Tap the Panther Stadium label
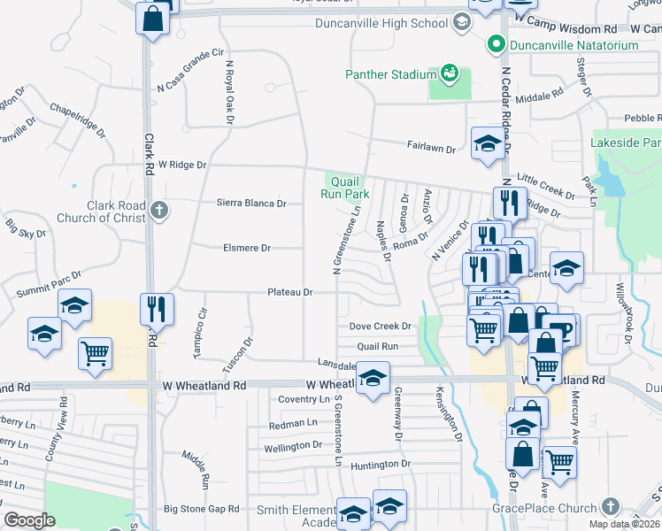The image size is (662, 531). click(x=390, y=74)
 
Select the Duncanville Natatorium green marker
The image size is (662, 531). click(x=495, y=44)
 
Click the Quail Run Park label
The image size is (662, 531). click(x=344, y=187)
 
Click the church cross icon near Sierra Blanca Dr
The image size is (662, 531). click(x=158, y=211)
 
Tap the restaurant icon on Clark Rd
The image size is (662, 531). click(x=156, y=309)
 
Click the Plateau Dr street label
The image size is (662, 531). click(x=291, y=292)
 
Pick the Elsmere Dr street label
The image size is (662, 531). click(x=247, y=248)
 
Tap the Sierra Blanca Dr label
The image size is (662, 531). click(x=252, y=203)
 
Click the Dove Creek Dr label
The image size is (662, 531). click(x=381, y=327)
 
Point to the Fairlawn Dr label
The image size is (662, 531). click(x=431, y=149)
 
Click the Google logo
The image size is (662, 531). click(x=29, y=520)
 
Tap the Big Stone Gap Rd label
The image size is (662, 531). click(x=201, y=509)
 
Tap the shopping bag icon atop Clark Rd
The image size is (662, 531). click(x=152, y=18)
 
